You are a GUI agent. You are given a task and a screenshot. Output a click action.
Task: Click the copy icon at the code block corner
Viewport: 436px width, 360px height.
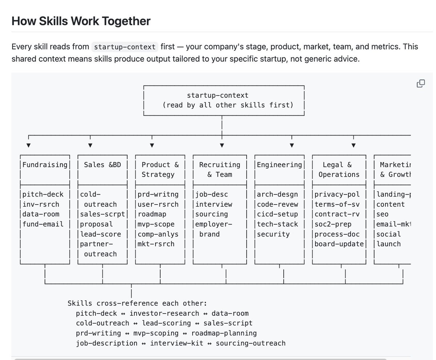[421, 84]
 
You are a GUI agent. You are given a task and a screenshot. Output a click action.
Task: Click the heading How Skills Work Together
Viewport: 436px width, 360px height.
[81, 21]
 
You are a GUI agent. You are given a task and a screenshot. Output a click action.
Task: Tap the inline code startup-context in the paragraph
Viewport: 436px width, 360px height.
[125, 47]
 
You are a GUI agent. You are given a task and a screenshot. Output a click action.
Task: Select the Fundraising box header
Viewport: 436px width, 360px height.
[45, 165]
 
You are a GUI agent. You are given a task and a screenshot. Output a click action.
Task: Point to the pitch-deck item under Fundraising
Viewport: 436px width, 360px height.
[43, 194]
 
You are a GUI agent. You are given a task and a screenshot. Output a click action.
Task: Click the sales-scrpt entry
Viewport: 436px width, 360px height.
[102, 214]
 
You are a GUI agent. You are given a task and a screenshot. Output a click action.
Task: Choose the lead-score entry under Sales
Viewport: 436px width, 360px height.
[100, 234]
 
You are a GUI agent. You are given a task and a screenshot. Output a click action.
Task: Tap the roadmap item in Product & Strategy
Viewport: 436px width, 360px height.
[152, 214]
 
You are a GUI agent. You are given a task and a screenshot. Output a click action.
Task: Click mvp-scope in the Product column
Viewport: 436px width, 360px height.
[156, 224]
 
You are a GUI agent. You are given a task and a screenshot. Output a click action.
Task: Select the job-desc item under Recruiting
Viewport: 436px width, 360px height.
[211, 194]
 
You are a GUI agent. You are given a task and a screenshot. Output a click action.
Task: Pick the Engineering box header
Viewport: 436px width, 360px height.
[279, 165]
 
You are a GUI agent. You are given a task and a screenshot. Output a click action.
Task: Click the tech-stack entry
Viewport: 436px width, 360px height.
[277, 224]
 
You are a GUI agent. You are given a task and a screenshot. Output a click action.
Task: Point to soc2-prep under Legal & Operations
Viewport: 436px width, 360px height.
[333, 224]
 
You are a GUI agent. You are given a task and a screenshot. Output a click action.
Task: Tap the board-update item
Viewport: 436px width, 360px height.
[339, 244]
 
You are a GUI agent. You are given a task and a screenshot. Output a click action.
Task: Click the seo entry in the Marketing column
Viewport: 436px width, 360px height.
[383, 214]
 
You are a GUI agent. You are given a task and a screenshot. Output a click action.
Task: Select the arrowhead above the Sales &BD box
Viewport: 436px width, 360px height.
[90, 146]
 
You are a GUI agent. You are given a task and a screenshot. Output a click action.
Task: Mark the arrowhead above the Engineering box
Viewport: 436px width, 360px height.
[291, 146]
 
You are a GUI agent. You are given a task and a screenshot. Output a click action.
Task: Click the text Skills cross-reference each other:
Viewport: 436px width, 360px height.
[137, 303]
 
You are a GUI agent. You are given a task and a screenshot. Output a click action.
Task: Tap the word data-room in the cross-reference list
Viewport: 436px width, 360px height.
[230, 314]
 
